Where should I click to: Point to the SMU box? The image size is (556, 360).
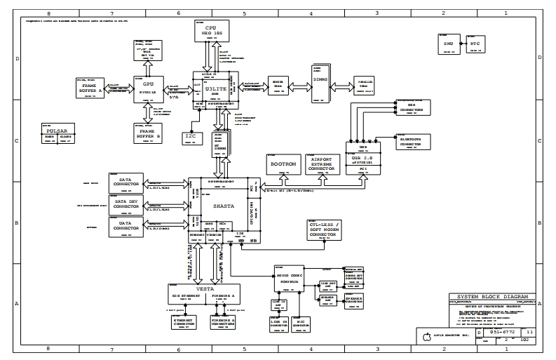(448, 44)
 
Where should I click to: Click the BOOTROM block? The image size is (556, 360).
(284, 165)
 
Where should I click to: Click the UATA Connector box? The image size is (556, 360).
(127, 225)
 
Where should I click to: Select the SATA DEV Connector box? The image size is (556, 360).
(127, 204)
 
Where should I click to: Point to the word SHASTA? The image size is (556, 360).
(214, 206)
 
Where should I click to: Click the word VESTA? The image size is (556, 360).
(205, 289)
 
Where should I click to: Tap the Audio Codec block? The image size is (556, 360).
(288, 278)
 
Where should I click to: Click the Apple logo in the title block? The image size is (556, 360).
(425, 337)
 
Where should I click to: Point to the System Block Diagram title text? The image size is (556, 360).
(491, 297)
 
